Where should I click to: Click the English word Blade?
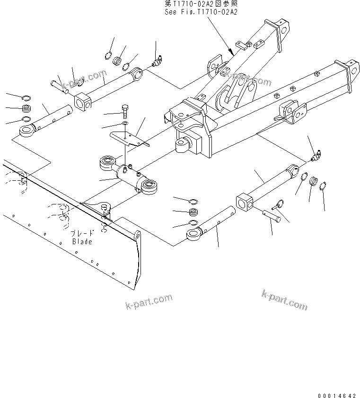pos(82,241)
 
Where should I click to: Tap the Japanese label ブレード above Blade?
pos(82,234)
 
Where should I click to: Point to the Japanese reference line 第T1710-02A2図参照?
pos(201,4)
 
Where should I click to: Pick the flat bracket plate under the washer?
pos(129,140)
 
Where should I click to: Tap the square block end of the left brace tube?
pos(82,102)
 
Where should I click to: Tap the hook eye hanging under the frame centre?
pos(183,145)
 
